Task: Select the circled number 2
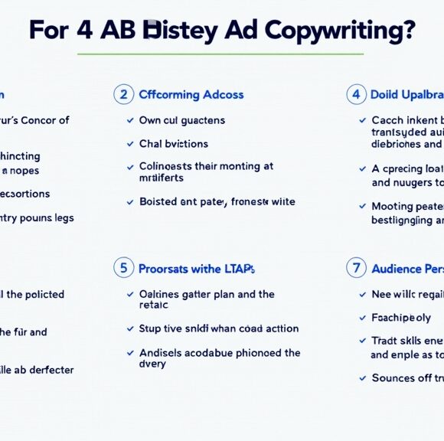122,94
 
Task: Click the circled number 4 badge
355,94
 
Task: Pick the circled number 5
122,268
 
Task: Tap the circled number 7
355,268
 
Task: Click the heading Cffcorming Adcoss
191,95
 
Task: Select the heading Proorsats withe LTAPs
197,269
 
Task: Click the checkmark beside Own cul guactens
131,120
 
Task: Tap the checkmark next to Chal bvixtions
131,144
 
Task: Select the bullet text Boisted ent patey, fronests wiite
217,201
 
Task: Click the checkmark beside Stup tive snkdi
131,328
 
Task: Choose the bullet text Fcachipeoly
401,317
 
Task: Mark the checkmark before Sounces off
363,377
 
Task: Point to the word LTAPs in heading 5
238,269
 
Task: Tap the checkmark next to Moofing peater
363,206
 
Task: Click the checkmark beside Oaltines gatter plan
131,294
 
